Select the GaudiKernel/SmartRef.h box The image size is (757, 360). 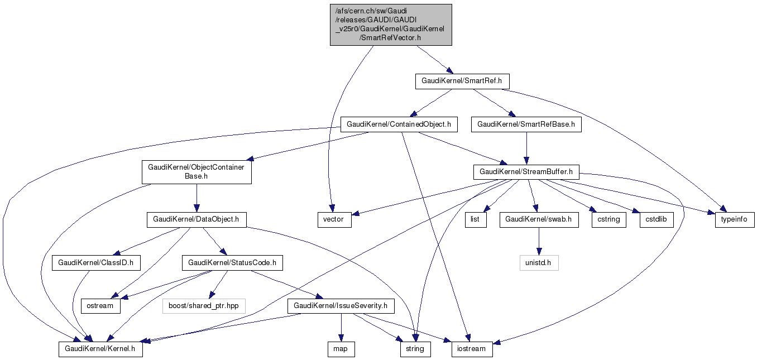point(462,81)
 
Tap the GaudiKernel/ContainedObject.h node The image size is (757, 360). point(399,124)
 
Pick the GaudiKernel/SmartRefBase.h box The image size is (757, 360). point(526,124)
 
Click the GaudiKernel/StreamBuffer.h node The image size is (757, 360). point(526,172)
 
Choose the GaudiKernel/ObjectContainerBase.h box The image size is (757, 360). point(197,172)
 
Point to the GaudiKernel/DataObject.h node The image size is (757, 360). point(197,220)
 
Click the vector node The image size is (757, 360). point(334,220)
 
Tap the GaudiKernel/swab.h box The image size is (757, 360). point(538,220)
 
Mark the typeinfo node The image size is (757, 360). point(735,220)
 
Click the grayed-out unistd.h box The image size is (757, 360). point(538,262)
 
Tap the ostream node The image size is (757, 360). point(100,306)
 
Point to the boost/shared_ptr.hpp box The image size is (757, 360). point(203,306)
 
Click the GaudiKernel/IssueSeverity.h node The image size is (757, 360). point(341,306)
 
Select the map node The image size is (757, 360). point(341,349)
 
